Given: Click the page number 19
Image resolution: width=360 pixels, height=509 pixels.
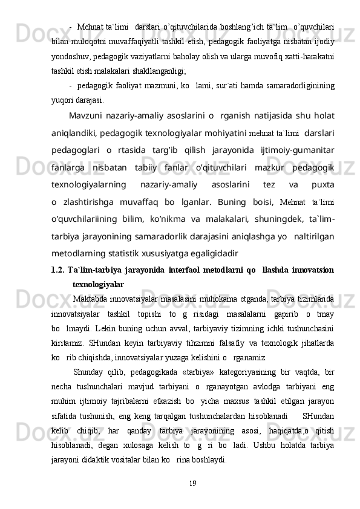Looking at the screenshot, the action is [192, 483].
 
